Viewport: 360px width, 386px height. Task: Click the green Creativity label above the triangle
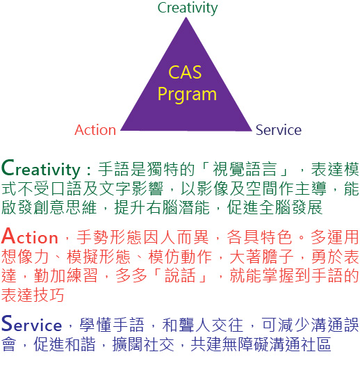click(x=188, y=8)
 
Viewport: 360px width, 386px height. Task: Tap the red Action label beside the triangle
click(x=95, y=130)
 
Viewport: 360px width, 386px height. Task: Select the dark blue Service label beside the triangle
click(x=278, y=130)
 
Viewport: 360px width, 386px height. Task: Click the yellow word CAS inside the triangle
click(x=185, y=72)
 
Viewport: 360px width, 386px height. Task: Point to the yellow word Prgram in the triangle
click(x=187, y=95)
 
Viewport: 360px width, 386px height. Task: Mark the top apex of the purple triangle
click(x=186, y=17)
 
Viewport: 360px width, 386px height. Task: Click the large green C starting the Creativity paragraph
click(x=8, y=168)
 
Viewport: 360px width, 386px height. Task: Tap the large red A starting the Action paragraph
click(x=8, y=236)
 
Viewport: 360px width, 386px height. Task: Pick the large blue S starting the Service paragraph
click(x=7, y=323)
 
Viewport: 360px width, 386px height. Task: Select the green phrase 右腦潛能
click(x=178, y=207)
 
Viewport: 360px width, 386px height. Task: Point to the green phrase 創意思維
click(x=65, y=207)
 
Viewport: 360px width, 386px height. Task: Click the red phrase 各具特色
click(x=259, y=237)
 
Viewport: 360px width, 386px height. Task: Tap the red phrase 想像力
click(x=25, y=256)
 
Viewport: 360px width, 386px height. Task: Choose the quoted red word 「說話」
click(x=181, y=275)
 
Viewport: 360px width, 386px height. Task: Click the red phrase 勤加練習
click(x=65, y=275)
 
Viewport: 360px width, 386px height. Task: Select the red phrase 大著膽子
click(x=261, y=256)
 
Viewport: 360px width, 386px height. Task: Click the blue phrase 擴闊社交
click(x=143, y=344)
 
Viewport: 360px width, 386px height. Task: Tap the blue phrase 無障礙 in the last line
click(x=245, y=344)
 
